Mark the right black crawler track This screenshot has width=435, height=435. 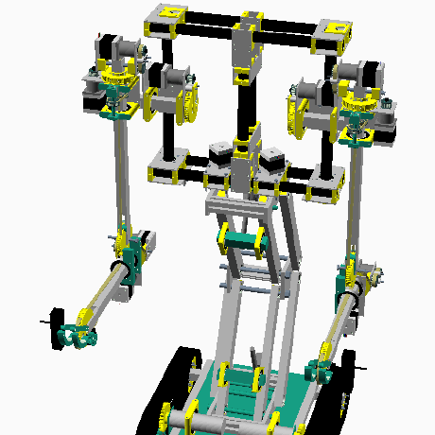tap(346, 388)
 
